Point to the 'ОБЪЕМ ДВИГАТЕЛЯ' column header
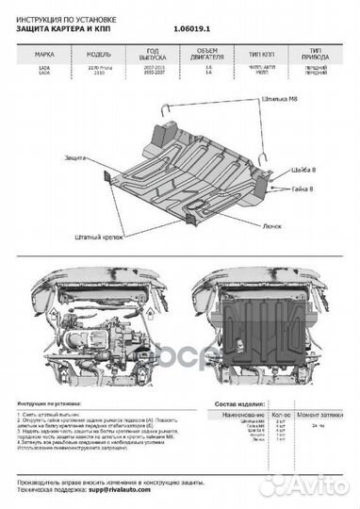[x=205, y=54]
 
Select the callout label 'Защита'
[x=79, y=156]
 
